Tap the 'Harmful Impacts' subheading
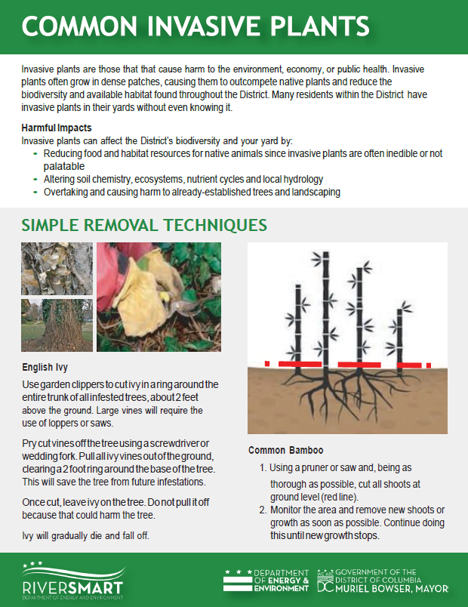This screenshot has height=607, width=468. [x=57, y=127]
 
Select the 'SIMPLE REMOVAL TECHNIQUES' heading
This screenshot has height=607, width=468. [x=144, y=226]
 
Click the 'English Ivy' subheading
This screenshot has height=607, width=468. [x=45, y=368]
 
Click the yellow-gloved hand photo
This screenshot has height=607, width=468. [x=159, y=297]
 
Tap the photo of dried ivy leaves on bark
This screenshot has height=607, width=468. [x=57, y=269]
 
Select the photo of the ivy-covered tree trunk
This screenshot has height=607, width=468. [x=57, y=325]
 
